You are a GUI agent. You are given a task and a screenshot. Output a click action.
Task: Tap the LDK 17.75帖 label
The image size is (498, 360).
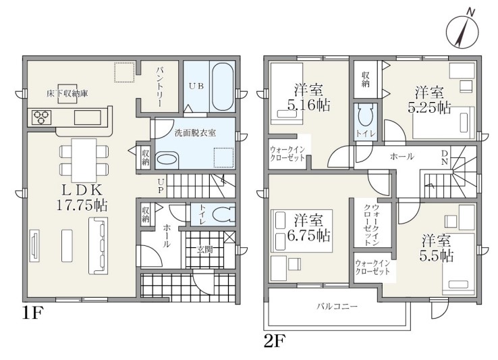pos(82,198)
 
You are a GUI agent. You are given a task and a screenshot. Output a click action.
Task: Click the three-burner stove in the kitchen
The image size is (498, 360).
pos(41,117)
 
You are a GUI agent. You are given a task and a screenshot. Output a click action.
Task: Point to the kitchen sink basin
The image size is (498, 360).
pos(88,118)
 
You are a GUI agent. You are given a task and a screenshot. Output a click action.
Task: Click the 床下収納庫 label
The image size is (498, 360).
pos(67,93)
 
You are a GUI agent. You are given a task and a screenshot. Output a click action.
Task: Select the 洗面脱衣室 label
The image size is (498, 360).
pos(195,132)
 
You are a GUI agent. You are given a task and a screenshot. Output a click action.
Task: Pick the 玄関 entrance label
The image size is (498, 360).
pos(204,250)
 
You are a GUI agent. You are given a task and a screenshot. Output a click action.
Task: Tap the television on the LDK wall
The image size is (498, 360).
pos(34,245)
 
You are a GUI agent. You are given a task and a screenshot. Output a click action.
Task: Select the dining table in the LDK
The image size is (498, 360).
pos(84,160)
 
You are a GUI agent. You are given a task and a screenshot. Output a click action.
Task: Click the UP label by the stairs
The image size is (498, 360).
pos(161,186)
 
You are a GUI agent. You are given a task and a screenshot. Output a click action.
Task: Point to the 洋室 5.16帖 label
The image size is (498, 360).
pos(308,97)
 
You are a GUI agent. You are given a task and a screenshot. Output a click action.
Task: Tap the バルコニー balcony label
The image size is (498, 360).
pos(337,307)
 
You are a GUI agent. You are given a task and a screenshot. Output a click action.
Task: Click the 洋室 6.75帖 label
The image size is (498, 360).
pos(308,228)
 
